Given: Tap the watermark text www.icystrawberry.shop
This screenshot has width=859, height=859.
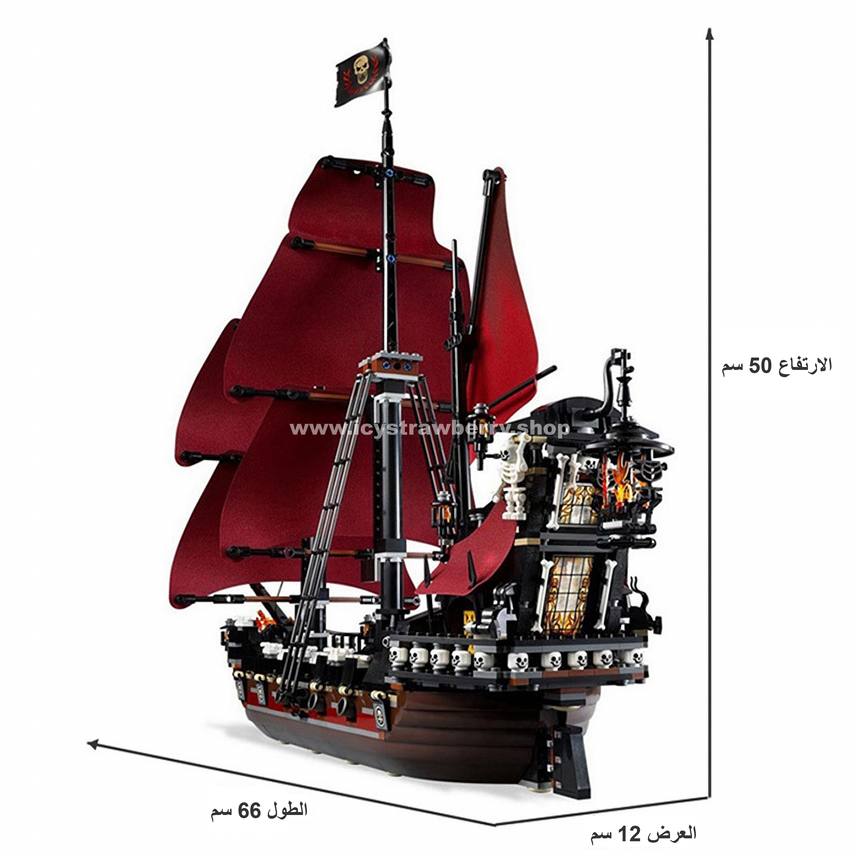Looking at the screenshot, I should pos(429,429).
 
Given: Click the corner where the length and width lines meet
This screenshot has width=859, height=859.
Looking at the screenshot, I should pos(494,825).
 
